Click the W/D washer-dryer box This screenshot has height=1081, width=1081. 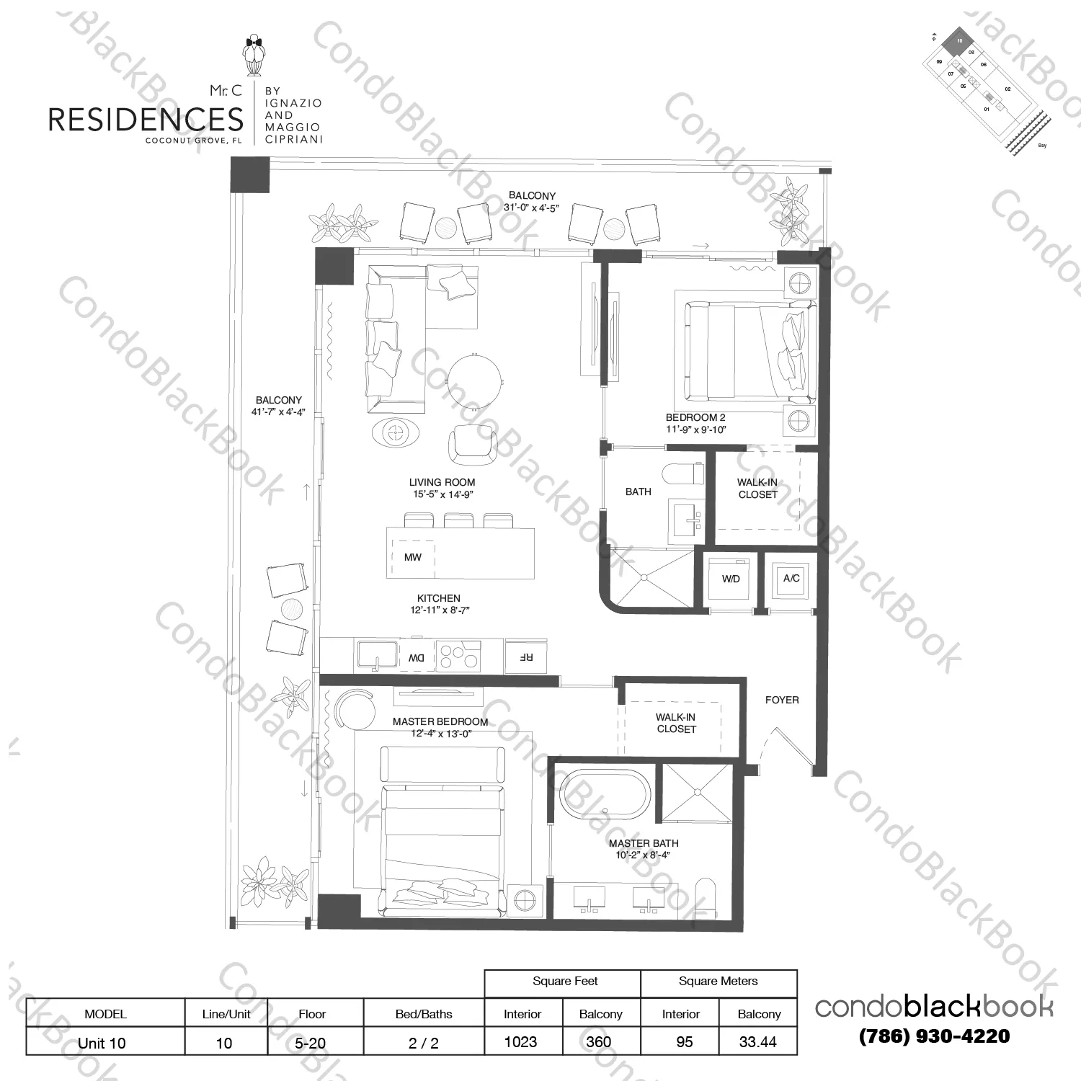pyautogui.click(x=731, y=579)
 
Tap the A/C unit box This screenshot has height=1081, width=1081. pyautogui.click(x=791, y=578)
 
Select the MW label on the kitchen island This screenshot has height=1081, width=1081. pyautogui.click(x=412, y=557)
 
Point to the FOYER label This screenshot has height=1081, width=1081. pyautogui.click(x=782, y=700)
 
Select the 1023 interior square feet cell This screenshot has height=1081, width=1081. pyautogui.click(x=521, y=1042)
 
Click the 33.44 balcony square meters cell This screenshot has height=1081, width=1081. pyautogui.click(x=758, y=1042)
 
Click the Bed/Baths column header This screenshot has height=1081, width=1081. pyautogui.click(x=424, y=1014)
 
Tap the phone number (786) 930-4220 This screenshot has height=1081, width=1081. pyautogui.click(x=934, y=1036)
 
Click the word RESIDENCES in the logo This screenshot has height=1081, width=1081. pyautogui.click(x=146, y=120)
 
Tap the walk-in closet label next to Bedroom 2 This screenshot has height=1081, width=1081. pyautogui.click(x=757, y=489)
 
